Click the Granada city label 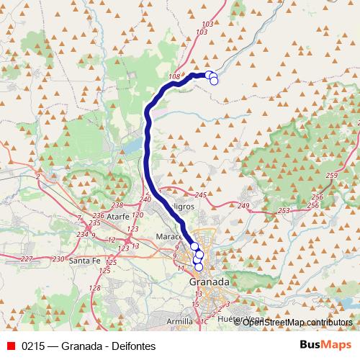(209, 282)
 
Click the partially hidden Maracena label (171, 235)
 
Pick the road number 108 (174, 77)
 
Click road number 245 (201, 195)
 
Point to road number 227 (27, 258)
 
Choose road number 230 (58, 258)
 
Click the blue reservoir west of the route (132, 146)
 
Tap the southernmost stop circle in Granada (199, 268)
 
